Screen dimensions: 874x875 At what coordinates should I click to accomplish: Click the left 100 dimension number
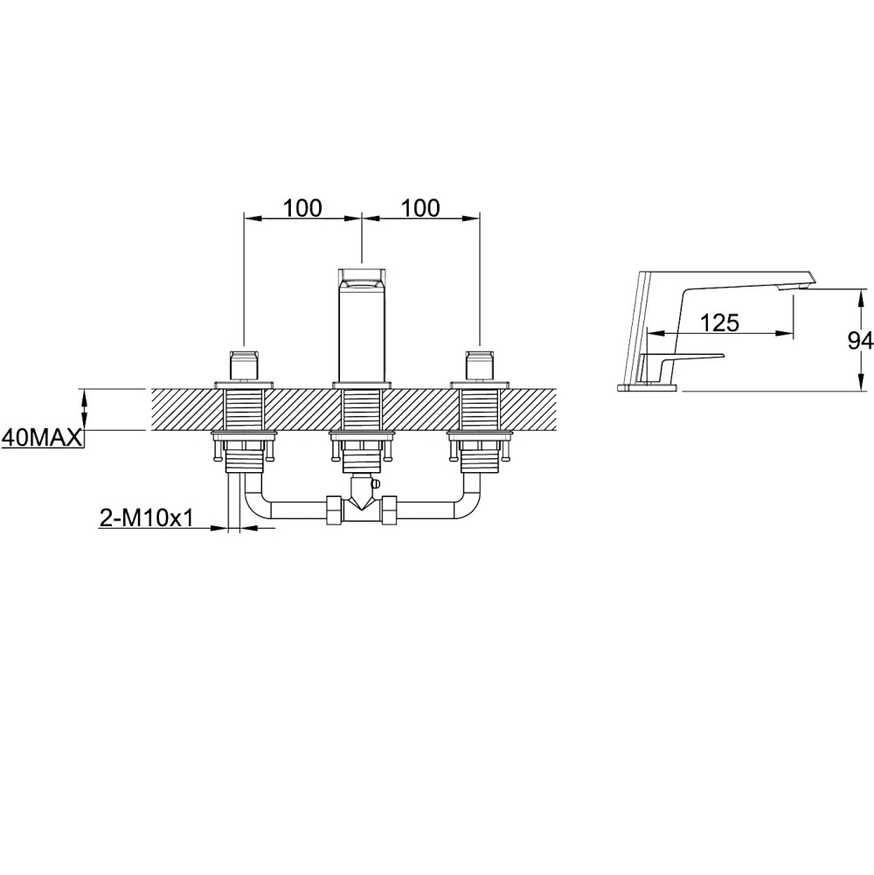(x=303, y=207)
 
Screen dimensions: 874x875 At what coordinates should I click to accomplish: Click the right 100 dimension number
(x=420, y=207)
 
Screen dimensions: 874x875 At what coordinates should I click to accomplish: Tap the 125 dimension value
(x=719, y=322)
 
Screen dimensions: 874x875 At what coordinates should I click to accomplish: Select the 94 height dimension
(x=860, y=340)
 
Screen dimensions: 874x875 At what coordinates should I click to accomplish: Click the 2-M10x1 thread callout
(x=146, y=518)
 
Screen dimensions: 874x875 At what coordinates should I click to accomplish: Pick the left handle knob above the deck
(x=245, y=365)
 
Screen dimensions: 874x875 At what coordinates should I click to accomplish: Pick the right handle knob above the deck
(x=480, y=365)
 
